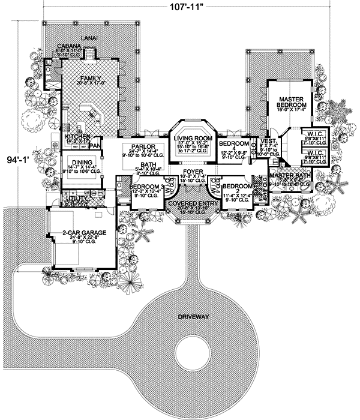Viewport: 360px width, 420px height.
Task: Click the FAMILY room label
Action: pyautogui.click(x=91, y=77)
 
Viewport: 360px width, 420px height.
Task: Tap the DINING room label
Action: pyautogui.click(x=80, y=161)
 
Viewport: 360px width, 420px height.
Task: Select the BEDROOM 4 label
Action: pyautogui.click(x=232, y=148)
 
